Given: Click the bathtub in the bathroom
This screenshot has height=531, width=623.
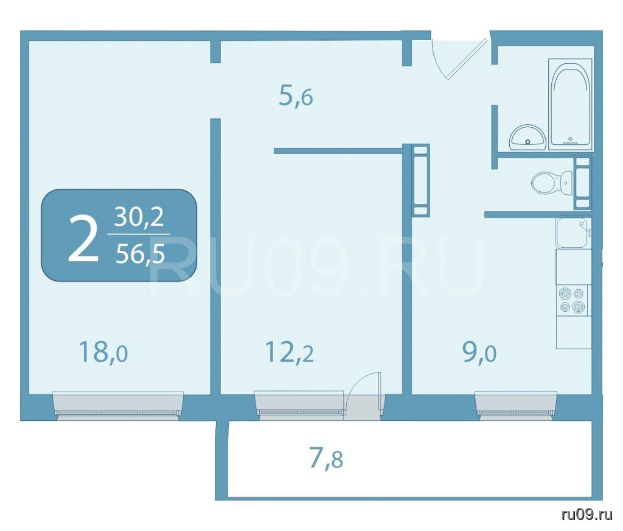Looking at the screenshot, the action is click(x=570, y=104).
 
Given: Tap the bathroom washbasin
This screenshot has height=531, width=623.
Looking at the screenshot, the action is click(x=527, y=137).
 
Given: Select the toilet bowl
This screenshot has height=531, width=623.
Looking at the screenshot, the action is click(x=552, y=183).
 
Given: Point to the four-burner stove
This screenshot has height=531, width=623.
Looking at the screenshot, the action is click(x=573, y=300).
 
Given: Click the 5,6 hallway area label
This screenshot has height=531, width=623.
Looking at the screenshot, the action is click(x=296, y=96).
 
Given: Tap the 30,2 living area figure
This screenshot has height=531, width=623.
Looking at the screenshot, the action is click(x=139, y=218).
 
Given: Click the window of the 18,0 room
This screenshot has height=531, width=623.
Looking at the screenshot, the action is click(x=118, y=405).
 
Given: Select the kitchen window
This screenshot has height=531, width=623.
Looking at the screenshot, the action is click(x=516, y=405).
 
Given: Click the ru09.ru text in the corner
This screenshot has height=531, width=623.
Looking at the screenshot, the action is click(x=587, y=516).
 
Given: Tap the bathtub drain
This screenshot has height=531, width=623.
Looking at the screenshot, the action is click(x=571, y=139).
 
